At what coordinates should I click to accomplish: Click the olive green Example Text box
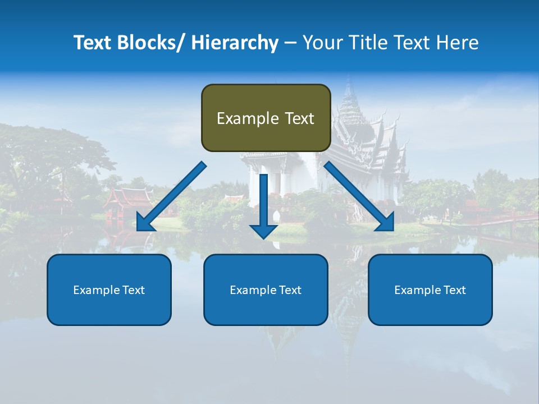point(266,118)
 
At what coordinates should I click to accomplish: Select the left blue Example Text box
point(109,290)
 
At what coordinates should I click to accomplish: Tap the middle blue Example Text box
point(266,290)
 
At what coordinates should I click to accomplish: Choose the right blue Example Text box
point(430,290)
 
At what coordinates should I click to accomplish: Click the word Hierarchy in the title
point(235,43)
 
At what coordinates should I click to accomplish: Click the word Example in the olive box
point(248,118)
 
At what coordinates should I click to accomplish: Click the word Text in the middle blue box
point(289,290)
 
